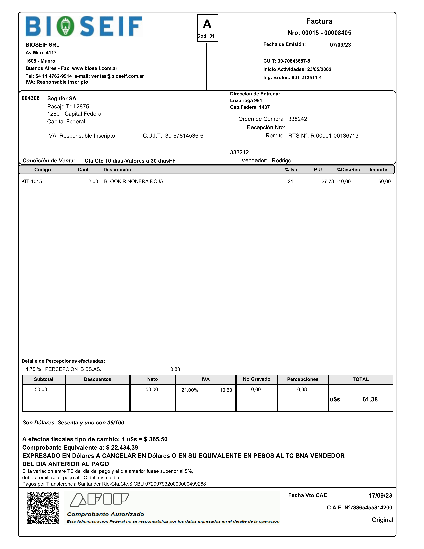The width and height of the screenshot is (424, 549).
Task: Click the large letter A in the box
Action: click(207, 25)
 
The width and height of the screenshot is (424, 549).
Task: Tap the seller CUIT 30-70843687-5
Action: click(294, 61)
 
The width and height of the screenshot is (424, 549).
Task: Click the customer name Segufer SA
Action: click(62, 98)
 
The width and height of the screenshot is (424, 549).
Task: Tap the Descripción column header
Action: click(117, 170)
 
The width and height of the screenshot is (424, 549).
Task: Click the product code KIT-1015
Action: click(32, 181)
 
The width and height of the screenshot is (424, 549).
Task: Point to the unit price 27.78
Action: click(328, 181)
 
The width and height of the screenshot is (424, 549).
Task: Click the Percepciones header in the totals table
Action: click(303, 379)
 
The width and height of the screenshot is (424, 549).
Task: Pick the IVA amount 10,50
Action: click(226, 390)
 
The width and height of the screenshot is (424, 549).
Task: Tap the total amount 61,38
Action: click(370, 400)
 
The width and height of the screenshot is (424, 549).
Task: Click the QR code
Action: click(43, 508)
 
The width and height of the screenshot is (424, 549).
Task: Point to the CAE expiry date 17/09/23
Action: click(380, 496)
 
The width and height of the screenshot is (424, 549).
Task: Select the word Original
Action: click(382, 520)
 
